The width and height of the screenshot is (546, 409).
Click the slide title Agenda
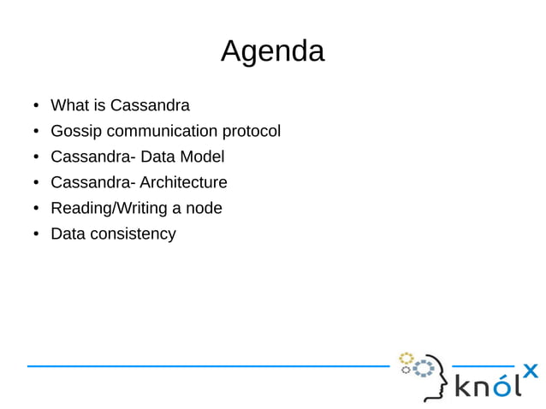[x=272, y=51]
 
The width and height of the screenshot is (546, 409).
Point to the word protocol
[x=251, y=132]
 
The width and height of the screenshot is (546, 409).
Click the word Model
[x=201, y=157]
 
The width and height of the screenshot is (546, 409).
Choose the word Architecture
[x=183, y=182]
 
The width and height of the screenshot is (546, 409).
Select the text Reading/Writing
[x=106, y=208]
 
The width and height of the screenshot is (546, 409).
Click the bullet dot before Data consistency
[x=35, y=234]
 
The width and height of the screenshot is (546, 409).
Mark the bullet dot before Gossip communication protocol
[x=35, y=133]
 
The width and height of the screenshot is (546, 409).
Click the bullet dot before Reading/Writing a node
[x=35, y=209]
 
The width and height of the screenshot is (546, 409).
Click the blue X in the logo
[x=530, y=371]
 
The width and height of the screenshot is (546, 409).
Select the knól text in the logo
[x=487, y=388]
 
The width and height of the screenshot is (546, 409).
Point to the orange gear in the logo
[x=407, y=357]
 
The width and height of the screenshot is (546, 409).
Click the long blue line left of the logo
[x=205, y=366]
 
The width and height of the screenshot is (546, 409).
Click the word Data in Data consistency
[x=68, y=234]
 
